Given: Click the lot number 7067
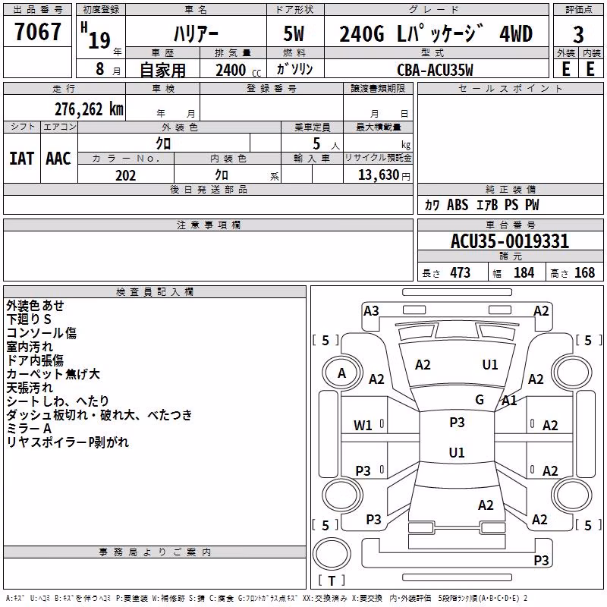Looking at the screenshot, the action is click(37, 32).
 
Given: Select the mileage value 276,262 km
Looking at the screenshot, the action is click(89, 109).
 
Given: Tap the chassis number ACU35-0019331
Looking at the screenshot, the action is click(510, 241).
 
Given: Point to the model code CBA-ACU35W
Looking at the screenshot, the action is click(435, 70).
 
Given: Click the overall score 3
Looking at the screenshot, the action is click(578, 35).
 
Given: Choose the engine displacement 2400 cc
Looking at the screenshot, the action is click(238, 70).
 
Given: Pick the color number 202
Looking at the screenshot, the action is click(125, 175).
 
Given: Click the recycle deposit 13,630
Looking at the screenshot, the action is click(379, 175).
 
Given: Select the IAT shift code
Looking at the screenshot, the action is click(21, 159).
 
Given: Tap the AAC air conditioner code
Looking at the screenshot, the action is click(58, 159).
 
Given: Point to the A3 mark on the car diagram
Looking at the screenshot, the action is click(371, 311).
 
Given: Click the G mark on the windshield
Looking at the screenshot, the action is click(480, 400).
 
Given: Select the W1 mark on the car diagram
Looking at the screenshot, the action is click(363, 426).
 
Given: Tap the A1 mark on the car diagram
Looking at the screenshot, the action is click(509, 401).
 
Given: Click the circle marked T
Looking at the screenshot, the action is click(332, 553).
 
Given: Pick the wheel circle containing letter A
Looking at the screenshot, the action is click(342, 373).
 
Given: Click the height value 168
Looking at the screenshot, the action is click(584, 272).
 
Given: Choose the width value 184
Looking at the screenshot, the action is click(524, 272).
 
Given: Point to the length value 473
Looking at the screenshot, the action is click(460, 272).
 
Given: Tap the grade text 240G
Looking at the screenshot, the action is click(362, 34).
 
